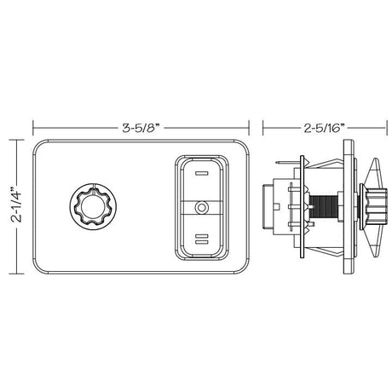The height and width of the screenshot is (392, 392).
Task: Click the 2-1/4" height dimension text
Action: coord(10,206)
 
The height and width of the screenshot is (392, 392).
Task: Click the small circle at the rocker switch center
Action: coord(201,207)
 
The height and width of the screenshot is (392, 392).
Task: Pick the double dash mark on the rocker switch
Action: coord(201,241)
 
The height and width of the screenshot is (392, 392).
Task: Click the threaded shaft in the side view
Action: coord(323,207)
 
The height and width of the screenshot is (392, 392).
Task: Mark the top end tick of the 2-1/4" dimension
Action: coord(10,141)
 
